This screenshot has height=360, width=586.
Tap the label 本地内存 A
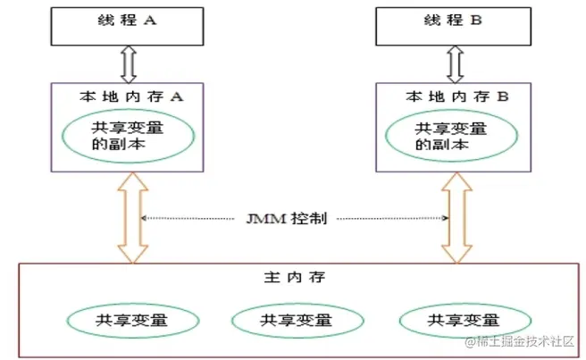(x=132, y=93)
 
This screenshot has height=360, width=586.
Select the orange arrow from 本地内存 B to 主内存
(x=456, y=218)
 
